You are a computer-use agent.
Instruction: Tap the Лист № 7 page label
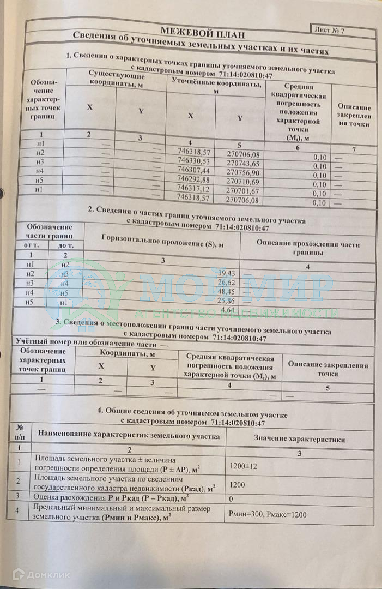tap(329, 30)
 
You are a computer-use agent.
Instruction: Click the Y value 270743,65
tap(243, 164)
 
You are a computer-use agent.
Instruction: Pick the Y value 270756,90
tap(243, 173)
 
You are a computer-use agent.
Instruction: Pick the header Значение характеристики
tap(299, 439)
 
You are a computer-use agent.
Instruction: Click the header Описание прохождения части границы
tap(307, 247)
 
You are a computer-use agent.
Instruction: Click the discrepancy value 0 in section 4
tap(231, 498)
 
